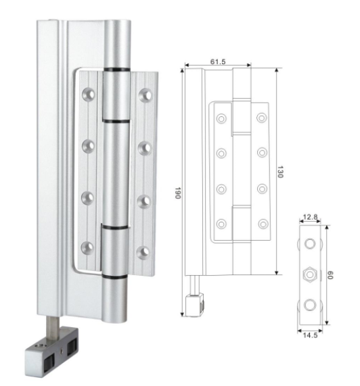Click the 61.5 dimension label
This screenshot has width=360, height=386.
(218, 62)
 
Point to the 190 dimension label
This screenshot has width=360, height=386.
(178, 193)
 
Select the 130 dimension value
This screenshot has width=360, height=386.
(280, 172)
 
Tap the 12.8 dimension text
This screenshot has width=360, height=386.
(310, 217)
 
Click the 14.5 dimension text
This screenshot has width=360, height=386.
(310, 335)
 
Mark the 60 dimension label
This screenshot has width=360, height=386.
(330, 275)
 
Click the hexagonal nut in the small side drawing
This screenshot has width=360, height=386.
(310, 274)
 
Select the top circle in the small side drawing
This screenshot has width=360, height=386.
(310, 244)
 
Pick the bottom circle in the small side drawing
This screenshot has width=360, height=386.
(310, 305)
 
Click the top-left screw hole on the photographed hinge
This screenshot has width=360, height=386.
(88, 94)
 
